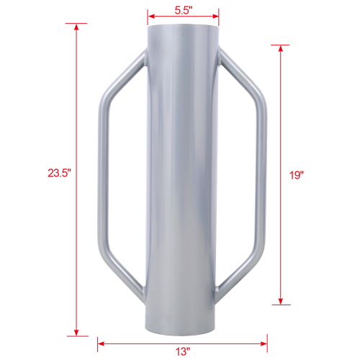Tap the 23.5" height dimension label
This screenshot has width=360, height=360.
(59, 173)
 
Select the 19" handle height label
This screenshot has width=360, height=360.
(297, 174)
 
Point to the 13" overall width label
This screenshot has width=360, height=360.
(183, 352)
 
